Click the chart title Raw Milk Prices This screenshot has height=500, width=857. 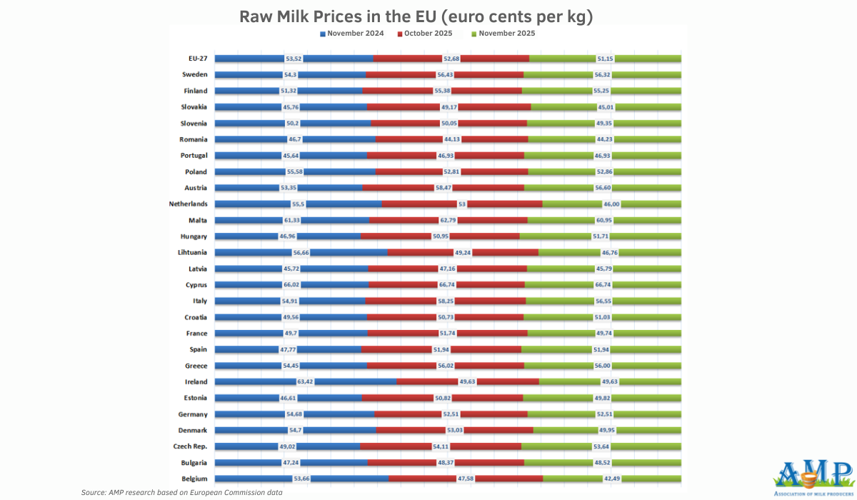click(x=416, y=16)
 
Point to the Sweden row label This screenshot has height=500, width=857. click(x=195, y=74)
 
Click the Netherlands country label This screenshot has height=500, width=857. click(x=188, y=204)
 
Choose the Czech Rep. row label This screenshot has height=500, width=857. click(x=190, y=446)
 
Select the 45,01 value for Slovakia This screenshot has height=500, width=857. click(x=605, y=107)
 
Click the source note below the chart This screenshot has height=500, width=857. click(x=181, y=493)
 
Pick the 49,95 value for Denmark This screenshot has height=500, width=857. click(x=607, y=430)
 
